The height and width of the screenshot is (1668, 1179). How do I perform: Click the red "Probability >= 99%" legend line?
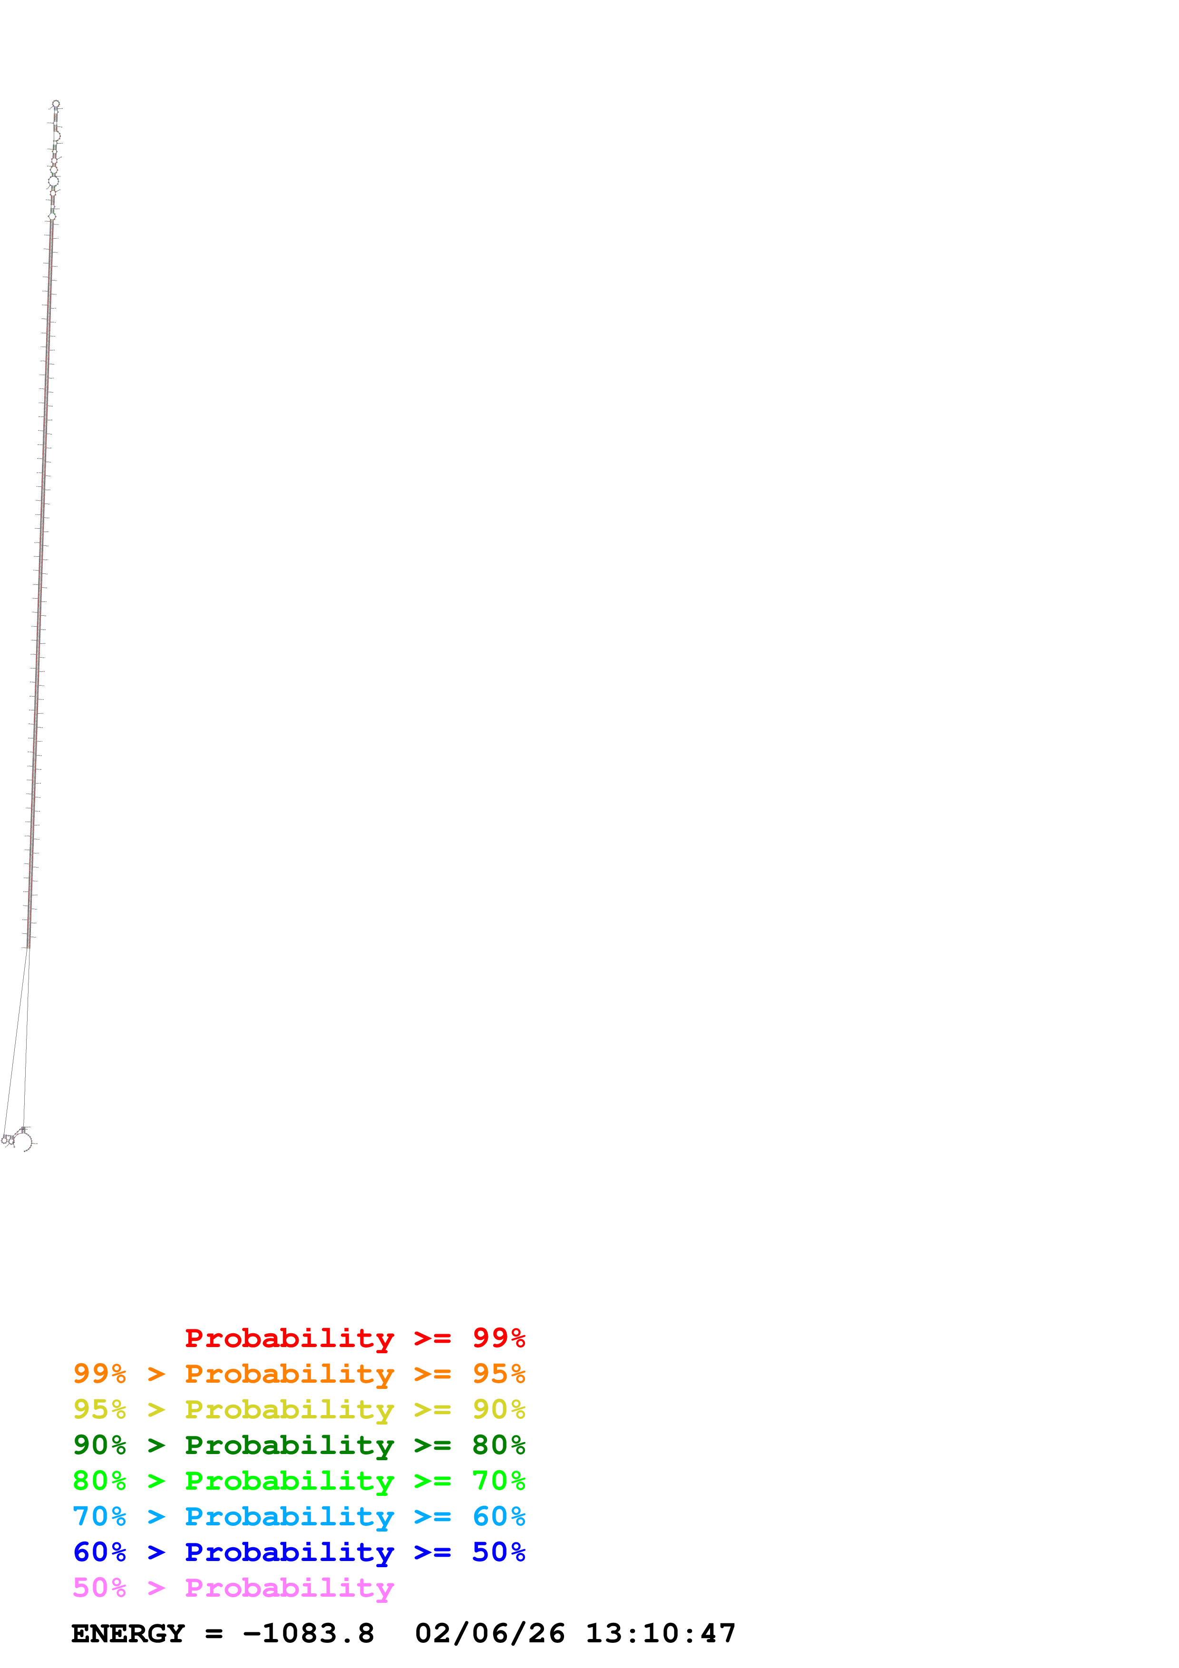[354, 1338]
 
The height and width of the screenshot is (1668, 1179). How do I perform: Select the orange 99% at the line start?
[99, 1374]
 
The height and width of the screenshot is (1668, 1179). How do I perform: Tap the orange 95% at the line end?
[498, 1374]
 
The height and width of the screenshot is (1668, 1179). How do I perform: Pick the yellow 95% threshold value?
[99, 1409]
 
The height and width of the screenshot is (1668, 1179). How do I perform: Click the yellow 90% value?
[498, 1409]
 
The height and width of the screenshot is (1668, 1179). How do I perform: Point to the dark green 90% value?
[99, 1445]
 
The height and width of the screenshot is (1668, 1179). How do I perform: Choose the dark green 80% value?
[498, 1445]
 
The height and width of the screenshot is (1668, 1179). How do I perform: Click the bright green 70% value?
[498, 1481]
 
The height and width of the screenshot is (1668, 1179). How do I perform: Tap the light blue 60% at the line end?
[498, 1516]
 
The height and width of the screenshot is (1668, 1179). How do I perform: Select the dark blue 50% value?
[498, 1552]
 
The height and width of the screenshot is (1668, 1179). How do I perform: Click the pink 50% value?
[99, 1587]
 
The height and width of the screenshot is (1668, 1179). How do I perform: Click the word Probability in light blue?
[289, 1517]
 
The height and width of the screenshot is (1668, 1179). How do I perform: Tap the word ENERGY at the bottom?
[128, 1634]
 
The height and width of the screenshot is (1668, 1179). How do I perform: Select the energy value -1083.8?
[309, 1634]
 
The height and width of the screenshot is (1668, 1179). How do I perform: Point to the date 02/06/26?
[489, 1634]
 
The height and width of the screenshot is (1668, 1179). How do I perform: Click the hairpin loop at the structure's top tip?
[56, 104]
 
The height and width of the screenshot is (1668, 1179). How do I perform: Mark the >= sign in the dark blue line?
[432, 1552]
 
